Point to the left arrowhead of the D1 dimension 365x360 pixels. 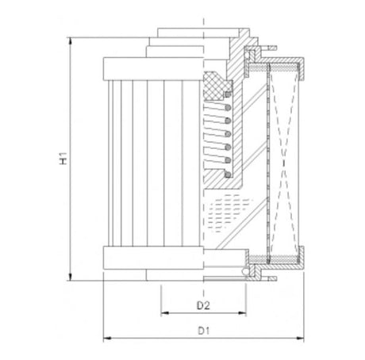tap(107, 339)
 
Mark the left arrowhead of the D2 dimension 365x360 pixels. tap(164, 313)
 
